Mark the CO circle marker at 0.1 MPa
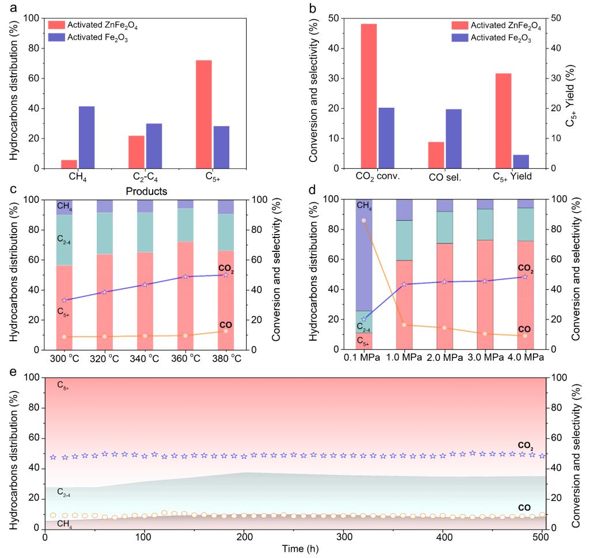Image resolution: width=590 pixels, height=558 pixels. click(x=364, y=220)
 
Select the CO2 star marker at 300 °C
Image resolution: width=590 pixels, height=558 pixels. click(x=64, y=300)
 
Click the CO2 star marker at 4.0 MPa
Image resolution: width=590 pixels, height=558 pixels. click(x=524, y=277)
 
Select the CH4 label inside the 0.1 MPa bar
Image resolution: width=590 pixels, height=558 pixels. click(x=364, y=205)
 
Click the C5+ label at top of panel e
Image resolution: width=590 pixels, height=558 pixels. click(x=63, y=385)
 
